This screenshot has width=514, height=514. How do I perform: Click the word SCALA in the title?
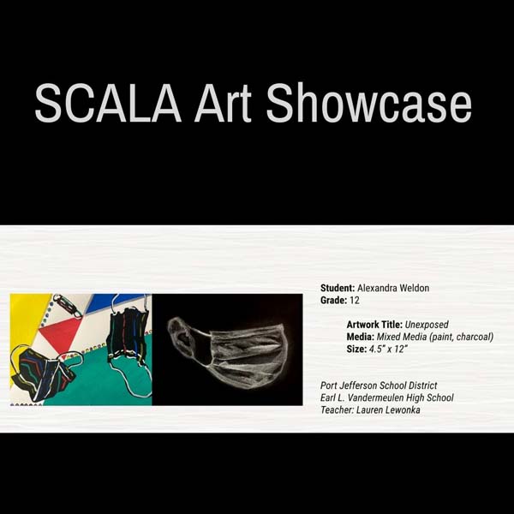[x=108, y=103]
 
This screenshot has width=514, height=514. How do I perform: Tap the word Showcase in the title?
[x=369, y=102]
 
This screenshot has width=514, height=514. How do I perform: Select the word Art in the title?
[x=223, y=103]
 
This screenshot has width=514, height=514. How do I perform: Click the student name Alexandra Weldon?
[x=393, y=288]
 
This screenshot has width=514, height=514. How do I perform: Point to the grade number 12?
[x=355, y=301]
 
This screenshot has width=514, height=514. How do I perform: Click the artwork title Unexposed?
[x=427, y=325]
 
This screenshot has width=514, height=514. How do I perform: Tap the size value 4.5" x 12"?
[x=388, y=349]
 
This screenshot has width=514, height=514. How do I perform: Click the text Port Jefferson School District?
[x=379, y=385]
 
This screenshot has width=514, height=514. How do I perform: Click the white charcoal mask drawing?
[x=229, y=352]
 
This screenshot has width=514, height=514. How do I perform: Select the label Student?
[x=338, y=288]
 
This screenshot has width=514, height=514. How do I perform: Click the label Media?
[x=361, y=337]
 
